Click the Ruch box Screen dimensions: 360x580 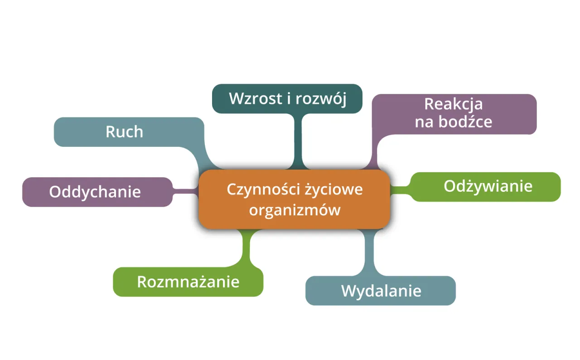pos(124,132)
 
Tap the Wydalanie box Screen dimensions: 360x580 pos(381,291)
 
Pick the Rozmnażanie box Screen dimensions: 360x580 pos(188,282)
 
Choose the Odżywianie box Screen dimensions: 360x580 pos(488,186)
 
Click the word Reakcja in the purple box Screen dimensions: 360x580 pos(453,104)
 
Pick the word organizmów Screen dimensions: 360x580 pos(295,210)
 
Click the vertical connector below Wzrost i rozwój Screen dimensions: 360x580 pos(298,141)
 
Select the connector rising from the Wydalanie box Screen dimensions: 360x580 pos(369,252)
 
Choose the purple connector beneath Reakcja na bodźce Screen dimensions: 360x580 pos(373,154)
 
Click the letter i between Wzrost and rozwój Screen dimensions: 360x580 pos(289,98)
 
